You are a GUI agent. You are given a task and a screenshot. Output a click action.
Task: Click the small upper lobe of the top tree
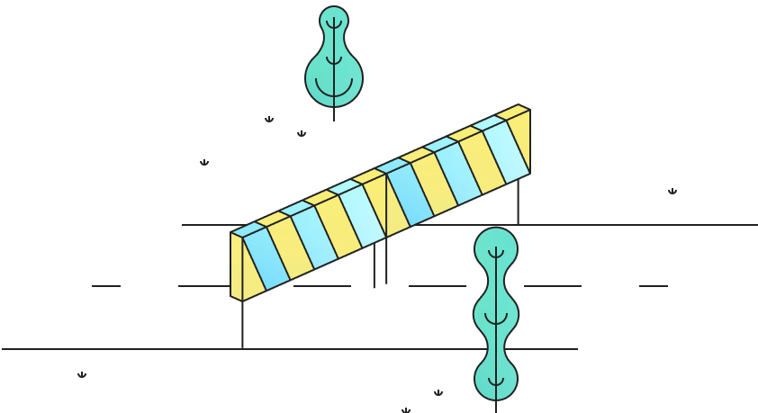[334, 22]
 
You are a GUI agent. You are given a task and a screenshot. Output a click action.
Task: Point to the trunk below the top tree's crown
[334, 114]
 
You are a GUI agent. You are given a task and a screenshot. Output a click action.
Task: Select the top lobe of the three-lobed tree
[496, 247]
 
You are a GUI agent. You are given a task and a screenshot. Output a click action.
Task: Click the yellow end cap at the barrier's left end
[236, 266]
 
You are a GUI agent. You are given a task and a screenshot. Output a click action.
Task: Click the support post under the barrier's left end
[242, 324]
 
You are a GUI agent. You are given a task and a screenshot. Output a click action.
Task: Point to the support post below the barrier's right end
[518, 201]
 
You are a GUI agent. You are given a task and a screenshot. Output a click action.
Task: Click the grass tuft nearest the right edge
[672, 192]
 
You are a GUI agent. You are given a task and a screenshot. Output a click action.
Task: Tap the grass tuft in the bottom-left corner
[82, 375]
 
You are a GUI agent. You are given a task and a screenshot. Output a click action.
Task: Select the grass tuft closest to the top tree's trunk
[302, 134]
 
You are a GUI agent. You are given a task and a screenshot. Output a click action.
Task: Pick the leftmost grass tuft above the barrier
[204, 163]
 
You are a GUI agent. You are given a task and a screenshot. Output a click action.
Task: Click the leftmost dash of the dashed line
[106, 286]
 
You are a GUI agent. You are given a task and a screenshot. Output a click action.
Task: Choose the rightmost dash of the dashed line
[654, 286]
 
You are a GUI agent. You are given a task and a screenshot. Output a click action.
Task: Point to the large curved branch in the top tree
[334, 88]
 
